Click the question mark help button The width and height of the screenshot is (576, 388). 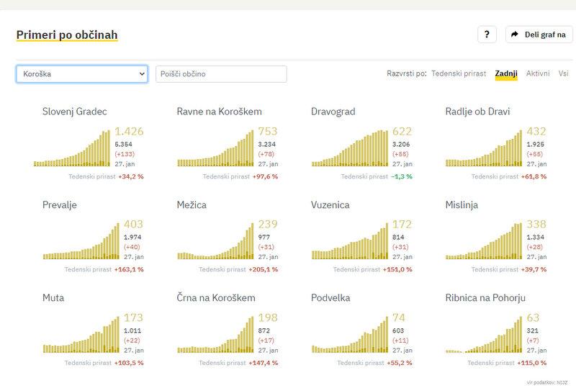[x=487, y=35]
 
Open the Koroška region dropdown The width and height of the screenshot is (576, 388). [x=81, y=74]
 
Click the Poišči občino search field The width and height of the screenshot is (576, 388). [x=221, y=74]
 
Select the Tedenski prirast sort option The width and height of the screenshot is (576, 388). [x=459, y=73]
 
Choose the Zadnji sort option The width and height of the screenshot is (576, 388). [x=506, y=73]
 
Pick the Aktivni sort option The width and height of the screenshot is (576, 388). [x=538, y=73]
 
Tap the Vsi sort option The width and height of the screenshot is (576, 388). [x=563, y=73]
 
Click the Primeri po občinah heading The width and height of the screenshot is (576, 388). [x=67, y=35]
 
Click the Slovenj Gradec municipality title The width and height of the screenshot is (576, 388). [x=75, y=112]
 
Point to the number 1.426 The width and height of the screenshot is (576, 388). [x=130, y=131]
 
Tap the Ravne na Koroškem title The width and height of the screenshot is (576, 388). [x=219, y=112]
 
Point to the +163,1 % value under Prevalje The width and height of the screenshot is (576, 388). [x=129, y=270]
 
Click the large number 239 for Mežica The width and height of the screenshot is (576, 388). [x=268, y=225]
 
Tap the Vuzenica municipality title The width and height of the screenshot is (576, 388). [x=330, y=205]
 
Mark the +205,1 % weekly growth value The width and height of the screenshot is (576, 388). [x=263, y=270]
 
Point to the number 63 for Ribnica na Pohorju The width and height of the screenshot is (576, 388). [x=534, y=317]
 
